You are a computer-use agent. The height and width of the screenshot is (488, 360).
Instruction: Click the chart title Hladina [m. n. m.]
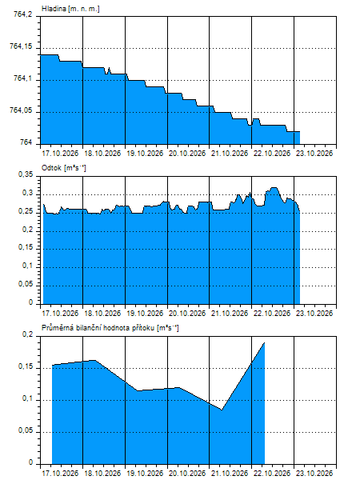click(x=70, y=9)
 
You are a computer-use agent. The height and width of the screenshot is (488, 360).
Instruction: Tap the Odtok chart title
click(x=64, y=168)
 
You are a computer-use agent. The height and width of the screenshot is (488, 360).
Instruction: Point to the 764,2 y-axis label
click(x=23, y=14)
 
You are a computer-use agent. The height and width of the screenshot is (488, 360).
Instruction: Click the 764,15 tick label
click(x=21, y=46)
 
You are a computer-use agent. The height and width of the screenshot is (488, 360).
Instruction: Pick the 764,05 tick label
click(x=21, y=110)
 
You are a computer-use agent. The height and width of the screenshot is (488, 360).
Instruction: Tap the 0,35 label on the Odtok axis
click(x=26, y=174)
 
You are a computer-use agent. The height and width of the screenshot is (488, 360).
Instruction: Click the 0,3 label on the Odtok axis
click(x=27, y=193)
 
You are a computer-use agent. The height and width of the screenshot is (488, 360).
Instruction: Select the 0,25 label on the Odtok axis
click(x=26, y=211)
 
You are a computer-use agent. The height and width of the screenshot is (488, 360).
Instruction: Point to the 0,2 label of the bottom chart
click(x=27, y=335)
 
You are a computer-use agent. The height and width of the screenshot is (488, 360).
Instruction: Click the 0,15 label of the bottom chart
click(x=26, y=366)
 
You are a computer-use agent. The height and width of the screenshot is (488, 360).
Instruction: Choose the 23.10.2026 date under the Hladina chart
click(x=314, y=154)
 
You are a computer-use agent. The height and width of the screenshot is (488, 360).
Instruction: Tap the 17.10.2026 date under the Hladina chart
click(x=60, y=154)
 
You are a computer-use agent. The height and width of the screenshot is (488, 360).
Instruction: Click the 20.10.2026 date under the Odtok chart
click(x=187, y=313)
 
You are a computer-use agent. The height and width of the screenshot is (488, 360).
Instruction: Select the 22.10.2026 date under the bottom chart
click(x=272, y=474)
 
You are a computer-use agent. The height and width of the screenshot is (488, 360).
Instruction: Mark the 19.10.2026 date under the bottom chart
click(x=145, y=474)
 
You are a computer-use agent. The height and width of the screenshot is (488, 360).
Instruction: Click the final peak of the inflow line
click(x=265, y=342)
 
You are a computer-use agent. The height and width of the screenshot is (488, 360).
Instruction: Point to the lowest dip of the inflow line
click(x=222, y=410)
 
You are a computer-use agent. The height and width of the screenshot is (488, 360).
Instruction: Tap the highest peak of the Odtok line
click(x=274, y=188)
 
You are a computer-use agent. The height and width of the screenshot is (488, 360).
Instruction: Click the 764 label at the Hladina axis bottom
click(x=26, y=142)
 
